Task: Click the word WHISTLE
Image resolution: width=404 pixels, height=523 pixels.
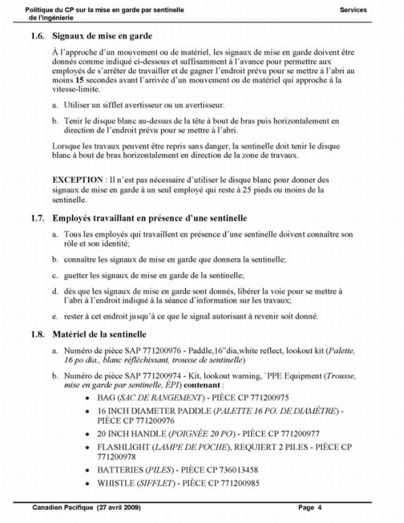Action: [x=117, y=482]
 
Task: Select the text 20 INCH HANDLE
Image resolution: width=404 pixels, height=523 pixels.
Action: [x=133, y=433]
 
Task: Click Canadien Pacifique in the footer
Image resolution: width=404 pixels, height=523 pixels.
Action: [x=60, y=507]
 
